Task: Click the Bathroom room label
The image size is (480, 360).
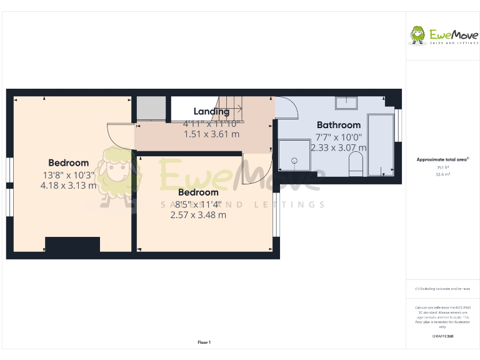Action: tap(338, 125)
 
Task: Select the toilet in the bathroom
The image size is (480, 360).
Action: tap(355, 166)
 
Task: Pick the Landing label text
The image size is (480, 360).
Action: tap(211, 112)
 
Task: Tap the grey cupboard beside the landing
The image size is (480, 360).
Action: tap(151, 109)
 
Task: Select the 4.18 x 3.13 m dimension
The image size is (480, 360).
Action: tap(68, 185)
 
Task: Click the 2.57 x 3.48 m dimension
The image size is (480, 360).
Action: tap(198, 214)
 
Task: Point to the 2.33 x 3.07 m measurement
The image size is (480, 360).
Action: tap(338, 147)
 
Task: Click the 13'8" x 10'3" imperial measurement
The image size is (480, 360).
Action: tap(68, 175)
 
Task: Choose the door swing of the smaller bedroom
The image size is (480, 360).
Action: tap(256, 172)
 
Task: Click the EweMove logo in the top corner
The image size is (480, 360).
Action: tap(442, 36)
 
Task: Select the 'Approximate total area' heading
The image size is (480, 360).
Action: tap(442, 160)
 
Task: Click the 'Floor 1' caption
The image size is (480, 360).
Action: tap(204, 342)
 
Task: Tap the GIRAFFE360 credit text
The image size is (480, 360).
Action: tap(442, 337)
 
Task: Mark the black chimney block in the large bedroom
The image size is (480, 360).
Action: tap(72, 245)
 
